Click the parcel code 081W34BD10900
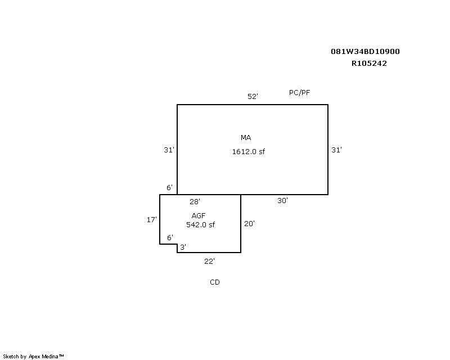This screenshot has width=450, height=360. pyautogui.click(x=365, y=52)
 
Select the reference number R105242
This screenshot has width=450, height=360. pyautogui.click(x=369, y=64)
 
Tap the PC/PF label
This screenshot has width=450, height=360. pyautogui.click(x=299, y=93)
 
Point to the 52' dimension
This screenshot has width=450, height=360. pyautogui.click(x=253, y=96)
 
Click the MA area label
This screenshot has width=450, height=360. pyautogui.click(x=246, y=137)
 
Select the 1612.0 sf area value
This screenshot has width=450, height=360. pyautogui.click(x=249, y=151)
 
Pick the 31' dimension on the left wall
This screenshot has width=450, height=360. pyautogui.click(x=169, y=150)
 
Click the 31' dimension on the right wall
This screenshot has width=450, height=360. pyautogui.click(x=336, y=150)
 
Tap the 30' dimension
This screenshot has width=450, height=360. pyautogui.click(x=283, y=201)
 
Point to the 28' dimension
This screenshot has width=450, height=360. pyautogui.click(x=195, y=202)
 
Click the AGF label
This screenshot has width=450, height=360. pyautogui.click(x=199, y=215)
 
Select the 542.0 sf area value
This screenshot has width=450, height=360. pyautogui.click(x=200, y=225)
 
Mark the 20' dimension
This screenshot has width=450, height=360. pyautogui.click(x=249, y=224)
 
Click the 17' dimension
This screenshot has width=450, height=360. pyautogui.click(x=152, y=220)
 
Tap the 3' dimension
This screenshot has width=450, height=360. pyautogui.click(x=183, y=247)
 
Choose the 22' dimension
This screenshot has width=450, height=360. pyautogui.click(x=209, y=261)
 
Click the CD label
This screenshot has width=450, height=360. pyautogui.click(x=215, y=282)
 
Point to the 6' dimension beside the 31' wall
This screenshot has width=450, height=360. pyautogui.click(x=170, y=188)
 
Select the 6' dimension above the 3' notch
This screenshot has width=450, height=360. pyautogui.click(x=170, y=238)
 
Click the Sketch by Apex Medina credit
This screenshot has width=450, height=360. pyautogui.click(x=33, y=357)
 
